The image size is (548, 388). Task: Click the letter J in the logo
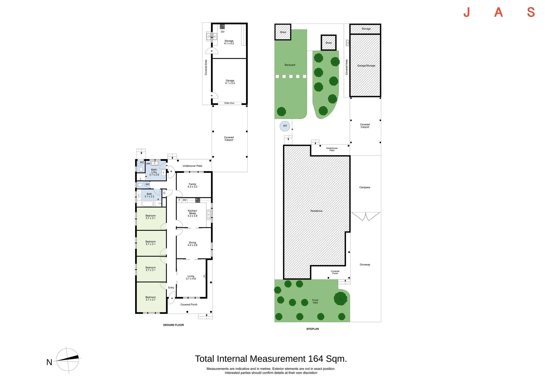click(x=467, y=12)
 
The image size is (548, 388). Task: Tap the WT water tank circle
click(x=285, y=126)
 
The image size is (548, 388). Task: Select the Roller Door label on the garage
click(x=229, y=103)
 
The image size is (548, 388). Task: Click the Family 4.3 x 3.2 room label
click(x=192, y=185)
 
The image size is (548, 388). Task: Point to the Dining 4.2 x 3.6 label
click(x=192, y=244)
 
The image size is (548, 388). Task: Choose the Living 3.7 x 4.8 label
click(x=191, y=277)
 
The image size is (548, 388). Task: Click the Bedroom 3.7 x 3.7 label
click(x=150, y=299)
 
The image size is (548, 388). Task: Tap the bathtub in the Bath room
click(x=147, y=204)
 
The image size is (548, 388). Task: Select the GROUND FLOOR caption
click(x=173, y=325)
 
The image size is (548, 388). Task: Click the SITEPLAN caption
click(x=313, y=329)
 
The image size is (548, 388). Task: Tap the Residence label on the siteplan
click(x=316, y=211)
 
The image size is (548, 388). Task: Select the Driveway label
click(x=365, y=265)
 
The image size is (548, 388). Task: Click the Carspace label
click(x=365, y=187)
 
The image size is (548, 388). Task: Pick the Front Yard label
click(x=315, y=301)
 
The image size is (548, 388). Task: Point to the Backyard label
click(x=290, y=65)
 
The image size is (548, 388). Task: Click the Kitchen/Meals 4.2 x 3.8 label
click(x=192, y=213)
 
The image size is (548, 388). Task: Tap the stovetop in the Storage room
click(x=222, y=27)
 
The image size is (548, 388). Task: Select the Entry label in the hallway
click(x=171, y=288)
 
